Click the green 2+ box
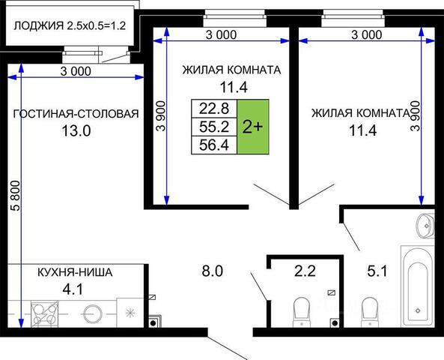coord(253,127)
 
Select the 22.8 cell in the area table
coord(214,108)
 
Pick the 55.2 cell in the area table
coord(214,127)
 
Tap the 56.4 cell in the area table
coord(214,145)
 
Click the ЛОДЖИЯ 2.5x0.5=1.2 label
coord(70,25)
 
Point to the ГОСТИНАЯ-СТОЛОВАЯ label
coord(76,114)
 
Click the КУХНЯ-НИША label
coord(75,272)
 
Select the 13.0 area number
coord(76,131)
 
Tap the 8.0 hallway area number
coord(213,271)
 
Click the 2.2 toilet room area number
coord(305,271)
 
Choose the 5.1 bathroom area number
coord(377,271)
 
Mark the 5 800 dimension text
coord(16,196)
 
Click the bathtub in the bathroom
coord(418,286)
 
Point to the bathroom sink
coord(425,225)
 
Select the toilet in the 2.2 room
coord(302,312)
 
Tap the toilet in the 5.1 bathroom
coord(370,312)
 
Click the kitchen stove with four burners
coord(44,314)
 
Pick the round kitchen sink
coord(92,314)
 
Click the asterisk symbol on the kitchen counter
coord(130,313)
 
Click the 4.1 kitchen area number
coord(73,289)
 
